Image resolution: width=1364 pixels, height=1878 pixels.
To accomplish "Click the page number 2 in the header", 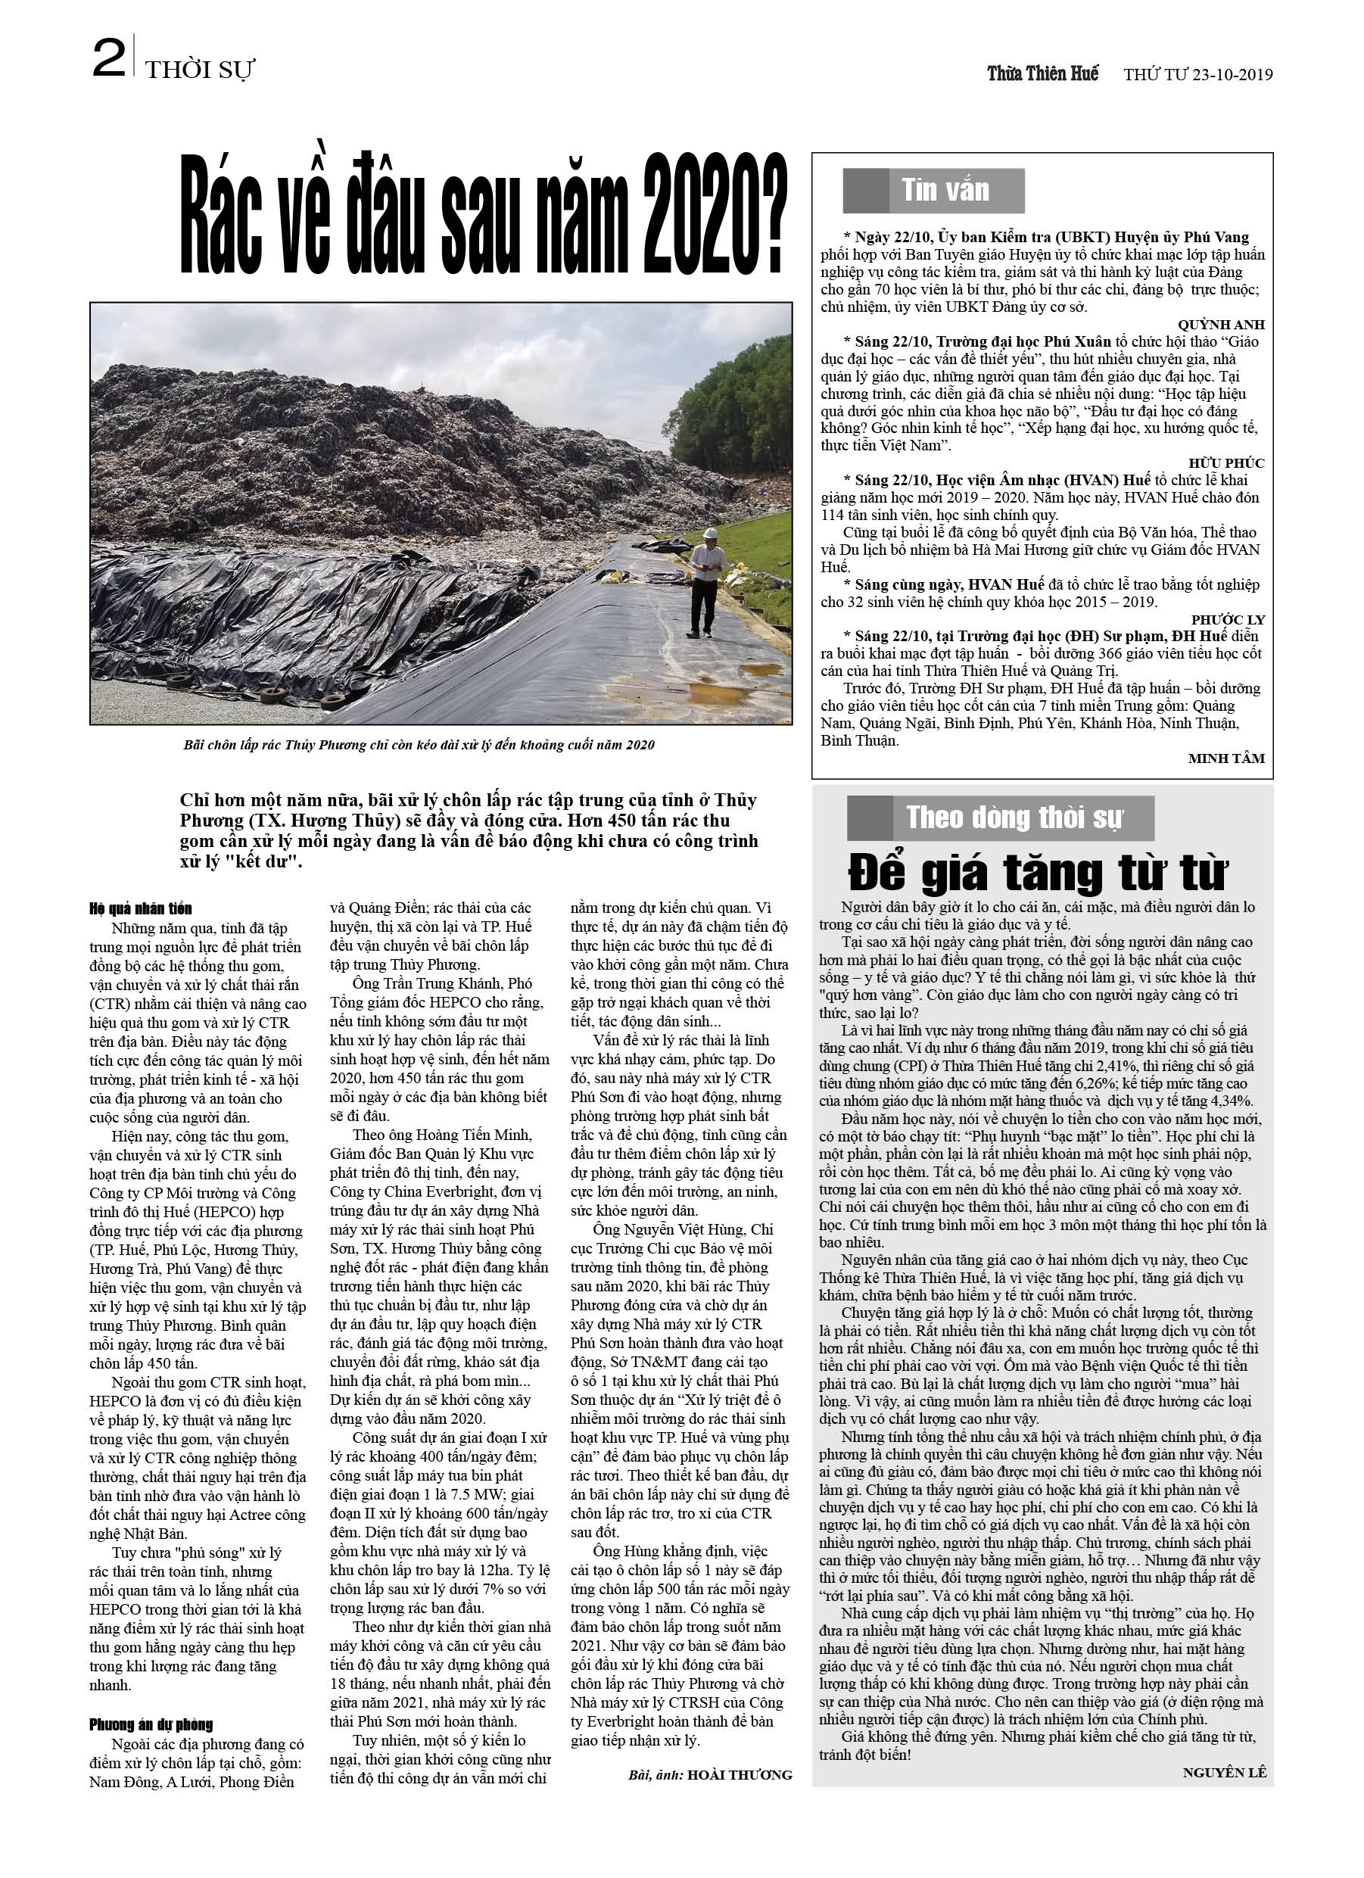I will pyautogui.click(x=108, y=61).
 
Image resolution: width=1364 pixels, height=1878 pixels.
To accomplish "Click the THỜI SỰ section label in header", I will pyautogui.click(x=199, y=70).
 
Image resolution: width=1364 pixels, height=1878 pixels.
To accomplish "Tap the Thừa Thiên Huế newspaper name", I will pyautogui.click(x=1042, y=73).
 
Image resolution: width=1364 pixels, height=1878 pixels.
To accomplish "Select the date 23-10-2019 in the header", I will pyautogui.click(x=1232, y=74).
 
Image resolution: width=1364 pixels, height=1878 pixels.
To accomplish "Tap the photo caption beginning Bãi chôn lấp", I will pyautogui.click(x=419, y=744).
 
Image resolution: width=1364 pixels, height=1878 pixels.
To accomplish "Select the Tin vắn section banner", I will pyautogui.click(x=933, y=191).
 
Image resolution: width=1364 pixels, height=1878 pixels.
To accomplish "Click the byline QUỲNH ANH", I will pyautogui.click(x=1221, y=325).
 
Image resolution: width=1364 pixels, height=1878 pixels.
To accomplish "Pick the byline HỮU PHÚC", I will pyautogui.click(x=1225, y=462).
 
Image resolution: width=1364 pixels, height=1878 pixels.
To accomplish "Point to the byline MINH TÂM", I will pyautogui.click(x=1225, y=758).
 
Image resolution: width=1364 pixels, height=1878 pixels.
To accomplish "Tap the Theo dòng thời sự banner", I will pyautogui.click(x=1000, y=818).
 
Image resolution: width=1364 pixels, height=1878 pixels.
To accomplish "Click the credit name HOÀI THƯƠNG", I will pyautogui.click(x=740, y=1774).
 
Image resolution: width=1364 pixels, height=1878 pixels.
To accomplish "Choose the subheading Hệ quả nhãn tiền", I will pyautogui.click(x=141, y=908).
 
